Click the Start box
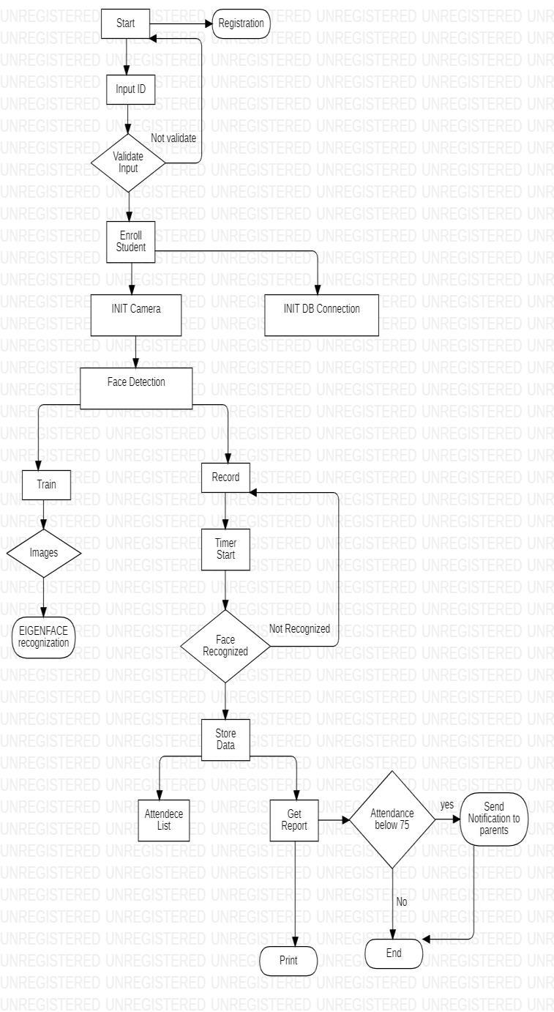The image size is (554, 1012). [x=126, y=23]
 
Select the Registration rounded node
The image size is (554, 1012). [x=241, y=23]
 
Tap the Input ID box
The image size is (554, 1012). [x=130, y=89]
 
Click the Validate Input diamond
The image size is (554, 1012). [x=128, y=163]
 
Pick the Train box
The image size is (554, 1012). [x=46, y=484]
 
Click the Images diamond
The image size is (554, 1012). [x=43, y=553]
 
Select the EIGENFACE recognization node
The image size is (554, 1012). [x=44, y=636]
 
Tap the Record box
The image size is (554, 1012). [x=225, y=477]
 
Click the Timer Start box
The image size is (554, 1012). [x=225, y=548]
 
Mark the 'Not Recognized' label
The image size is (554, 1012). [x=299, y=628]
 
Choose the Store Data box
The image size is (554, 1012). [x=225, y=738]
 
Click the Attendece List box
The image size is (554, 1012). [x=164, y=820]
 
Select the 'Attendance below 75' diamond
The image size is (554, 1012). [x=392, y=819]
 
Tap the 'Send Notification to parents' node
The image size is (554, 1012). [x=494, y=819]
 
